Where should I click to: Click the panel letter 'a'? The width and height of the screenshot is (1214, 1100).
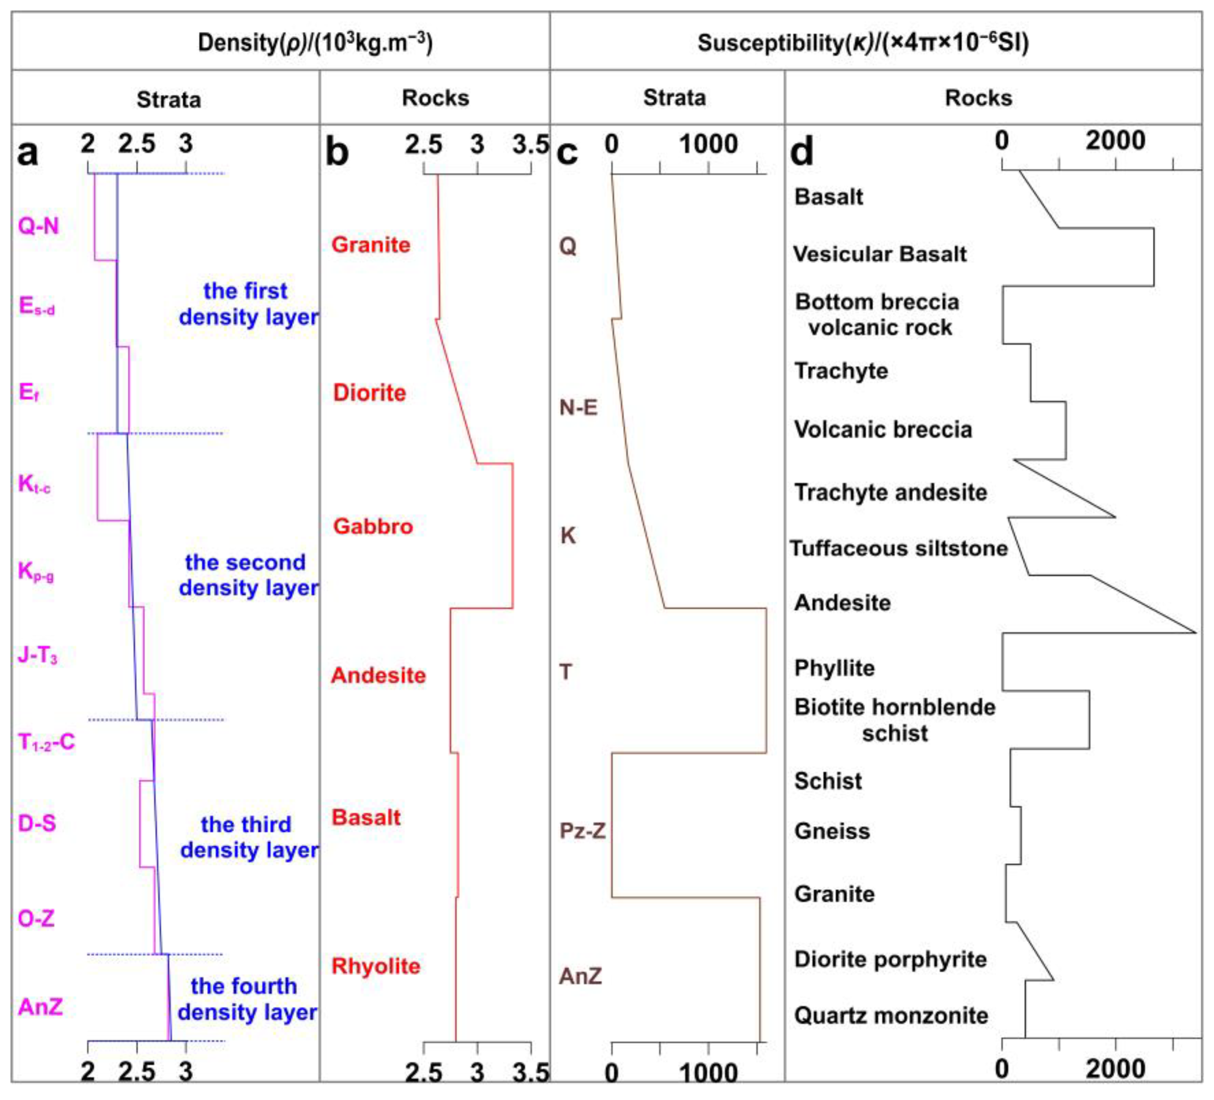(28, 152)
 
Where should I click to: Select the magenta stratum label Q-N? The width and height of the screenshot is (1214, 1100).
(39, 226)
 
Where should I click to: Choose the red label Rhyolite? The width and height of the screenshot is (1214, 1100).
(376, 966)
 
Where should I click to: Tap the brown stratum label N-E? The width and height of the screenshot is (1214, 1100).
(578, 408)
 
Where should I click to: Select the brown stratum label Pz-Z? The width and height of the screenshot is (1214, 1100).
(582, 831)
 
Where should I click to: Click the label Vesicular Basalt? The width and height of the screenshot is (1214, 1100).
(879, 254)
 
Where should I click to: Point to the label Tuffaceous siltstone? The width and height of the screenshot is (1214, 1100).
(898, 548)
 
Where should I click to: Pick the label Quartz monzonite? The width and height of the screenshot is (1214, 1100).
(891, 1016)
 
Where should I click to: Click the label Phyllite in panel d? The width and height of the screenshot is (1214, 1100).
(834, 668)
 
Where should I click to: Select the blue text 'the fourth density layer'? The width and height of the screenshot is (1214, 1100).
(246, 999)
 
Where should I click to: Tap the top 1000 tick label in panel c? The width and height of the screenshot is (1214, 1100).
(708, 144)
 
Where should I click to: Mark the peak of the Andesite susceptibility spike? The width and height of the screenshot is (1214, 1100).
(1195, 632)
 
